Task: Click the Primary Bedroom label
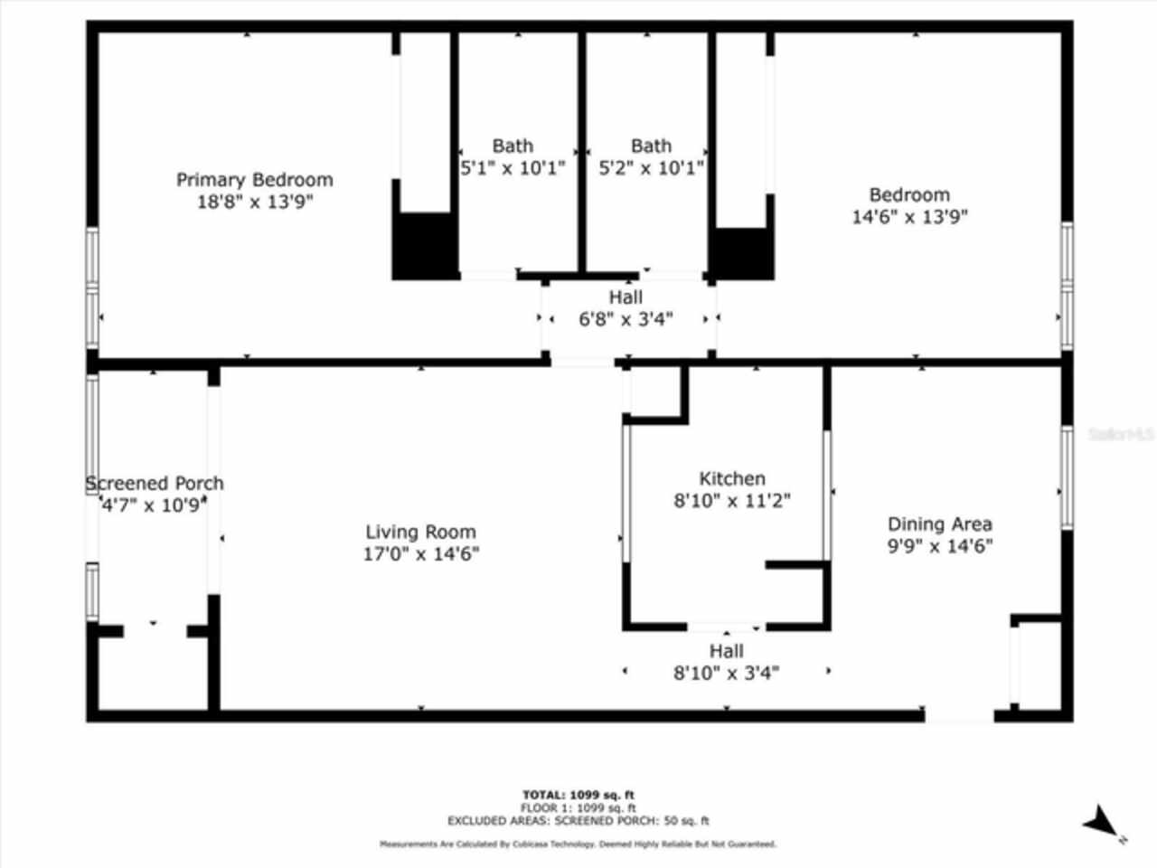pyautogui.click(x=254, y=179)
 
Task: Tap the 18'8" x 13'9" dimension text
pyautogui.click(x=254, y=202)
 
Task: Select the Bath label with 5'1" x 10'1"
pyautogui.click(x=513, y=146)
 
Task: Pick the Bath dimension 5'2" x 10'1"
pyautogui.click(x=651, y=168)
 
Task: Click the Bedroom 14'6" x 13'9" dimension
pyautogui.click(x=909, y=217)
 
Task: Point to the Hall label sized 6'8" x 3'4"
pyautogui.click(x=626, y=297)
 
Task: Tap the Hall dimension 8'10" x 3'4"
pyautogui.click(x=726, y=673)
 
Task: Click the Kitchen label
pyautogui.click(x=731, y=478)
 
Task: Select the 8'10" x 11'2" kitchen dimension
pyautogui.click(x=731, y=501)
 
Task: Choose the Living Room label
pyautogui.click(x=420, y=532)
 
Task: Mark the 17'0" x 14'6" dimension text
pyautogui.click(x=420, y=554)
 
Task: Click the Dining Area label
pyautogui.click(x=939, y=524)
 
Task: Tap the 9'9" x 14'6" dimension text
pyautogui.click(x=939, y=546)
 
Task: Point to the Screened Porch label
pyautogui.click(x=155, y=483)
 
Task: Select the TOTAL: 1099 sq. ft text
pyautogui.click(x=578, y=795)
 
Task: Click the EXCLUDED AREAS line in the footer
pyautogui.click(x=578, y=821)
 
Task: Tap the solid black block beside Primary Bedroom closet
pyautogui.click(x=422, y=245)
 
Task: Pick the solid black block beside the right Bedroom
pyautogui.click(x=742, y=253)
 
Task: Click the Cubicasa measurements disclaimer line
pyautogui.click(x=578, y=844)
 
